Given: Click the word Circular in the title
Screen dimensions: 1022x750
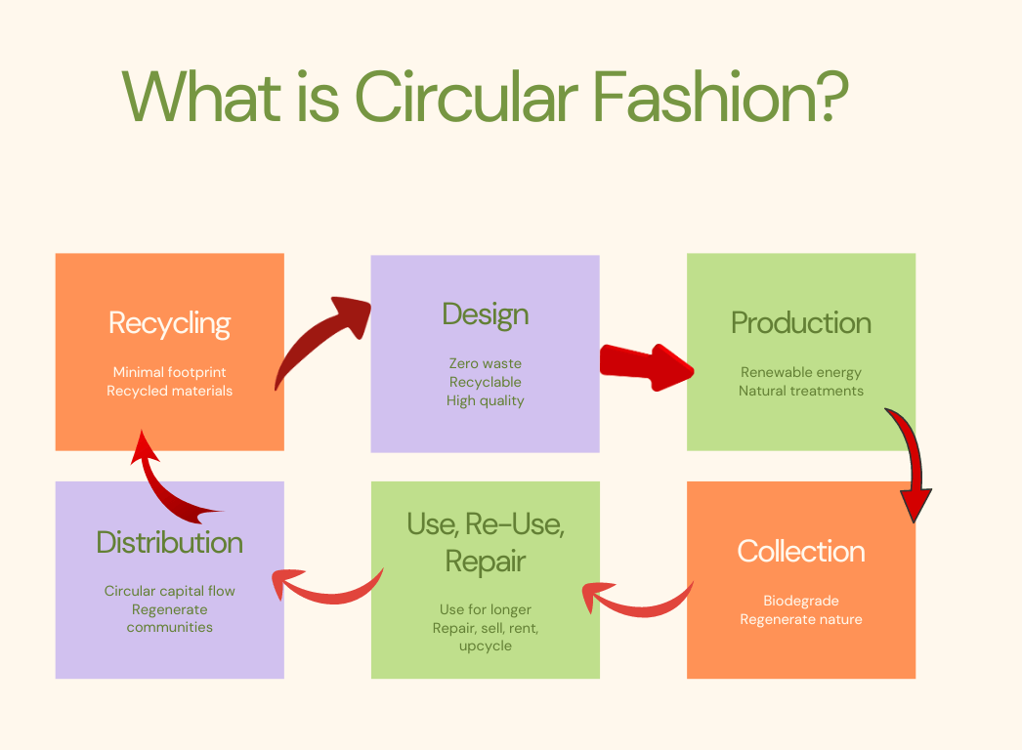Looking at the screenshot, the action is point(467,97).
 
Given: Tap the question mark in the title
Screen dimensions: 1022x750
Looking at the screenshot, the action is point(830,97).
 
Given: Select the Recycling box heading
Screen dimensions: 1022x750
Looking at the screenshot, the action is point(169,324).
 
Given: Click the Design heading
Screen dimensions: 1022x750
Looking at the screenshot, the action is point(486,314).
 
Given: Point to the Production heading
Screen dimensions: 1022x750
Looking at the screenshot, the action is point(801,322).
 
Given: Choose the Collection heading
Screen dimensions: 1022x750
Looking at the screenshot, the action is point(801,551).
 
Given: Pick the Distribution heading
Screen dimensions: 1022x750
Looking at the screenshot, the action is point(169,542).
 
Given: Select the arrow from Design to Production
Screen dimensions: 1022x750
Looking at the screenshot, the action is point(647,367).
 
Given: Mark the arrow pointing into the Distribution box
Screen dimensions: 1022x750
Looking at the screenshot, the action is point(326,589).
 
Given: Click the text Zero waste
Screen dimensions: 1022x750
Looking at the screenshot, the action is point(486,363).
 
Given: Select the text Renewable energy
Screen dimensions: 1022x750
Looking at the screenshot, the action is point(801,373).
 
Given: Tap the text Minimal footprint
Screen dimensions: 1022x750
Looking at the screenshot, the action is point(169,372).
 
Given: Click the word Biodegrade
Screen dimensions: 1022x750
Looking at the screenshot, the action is point(801,601).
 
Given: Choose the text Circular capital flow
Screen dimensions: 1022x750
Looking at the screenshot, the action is point(169,591).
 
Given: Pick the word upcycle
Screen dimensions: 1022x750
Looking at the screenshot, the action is point(486,646).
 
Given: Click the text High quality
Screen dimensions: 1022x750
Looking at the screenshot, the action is point(486,401).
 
